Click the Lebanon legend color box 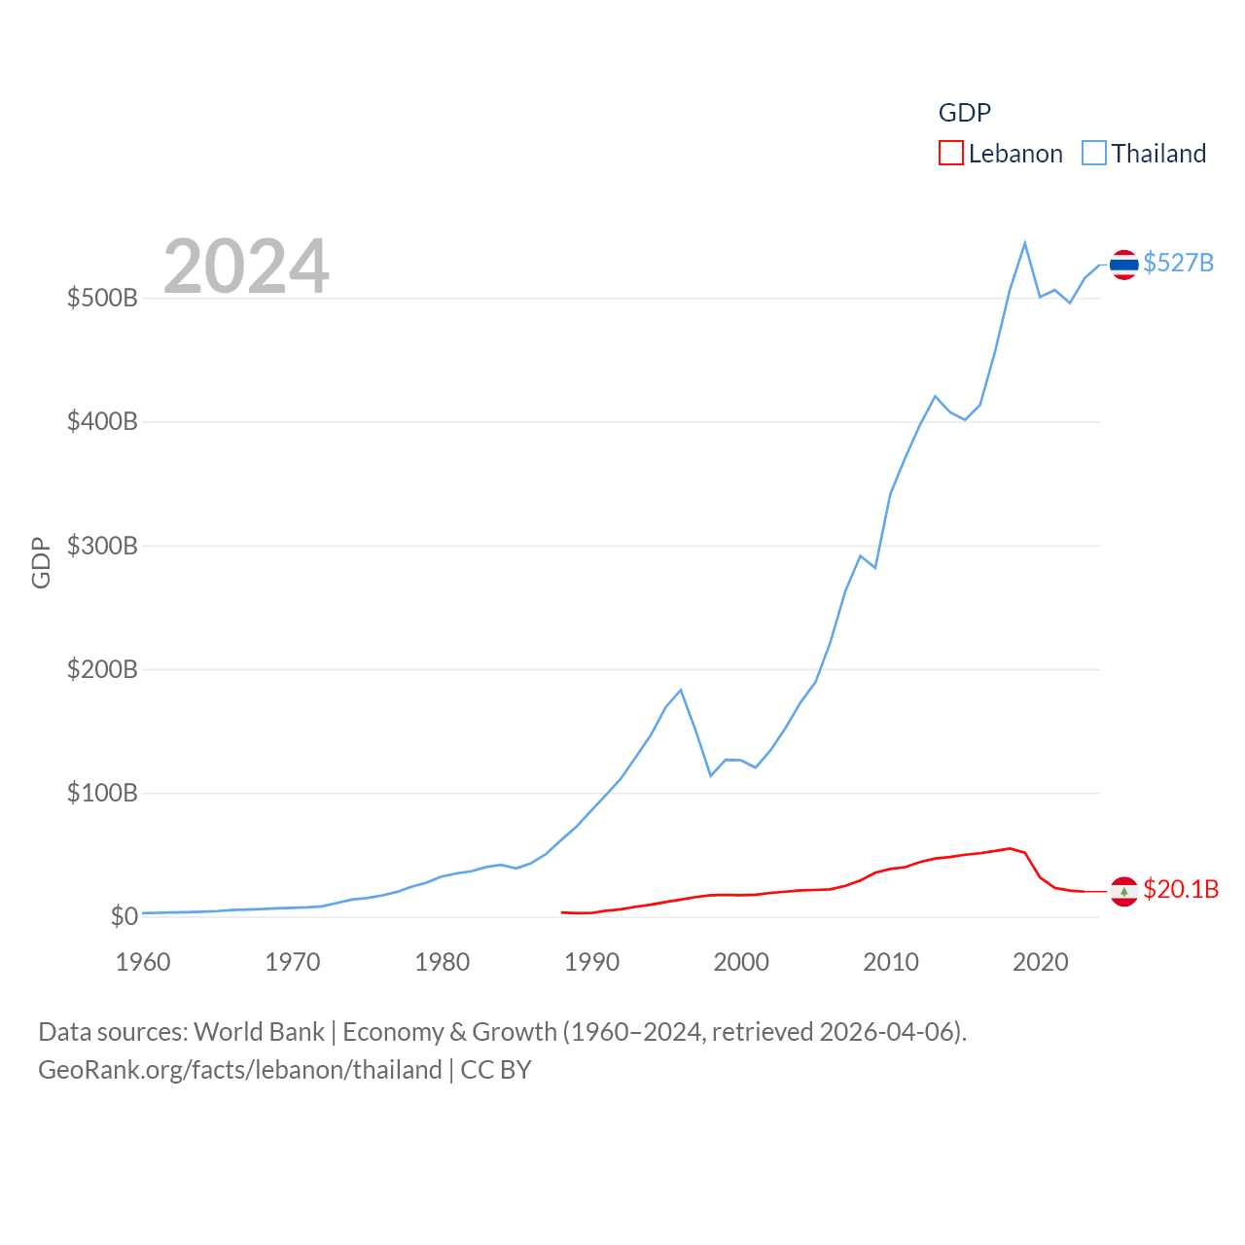tap(950, 153)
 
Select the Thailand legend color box tap(1094, 153)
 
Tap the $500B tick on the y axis tap(102, 298)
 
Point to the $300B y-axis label tap(102, 546)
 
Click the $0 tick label tap(124, 916)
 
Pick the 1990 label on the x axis tap(591, 962)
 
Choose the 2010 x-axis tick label tap(891, 962)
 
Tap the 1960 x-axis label tap(143, 962)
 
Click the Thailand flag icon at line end tap(1124, 265)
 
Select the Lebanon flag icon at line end tap(1124, 891)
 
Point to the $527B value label tap(1178, 263)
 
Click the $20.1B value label tap(1181, 889)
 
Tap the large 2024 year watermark tap(246, 266)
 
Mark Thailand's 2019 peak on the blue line tap(1025, 243)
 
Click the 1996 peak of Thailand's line tap(681, 690)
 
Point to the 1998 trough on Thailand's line tap(711, 775)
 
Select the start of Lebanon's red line tap(562, 912)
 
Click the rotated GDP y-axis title tap(41, 562)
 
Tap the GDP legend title tap(964, 113)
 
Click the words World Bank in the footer tap(259, 1031)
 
